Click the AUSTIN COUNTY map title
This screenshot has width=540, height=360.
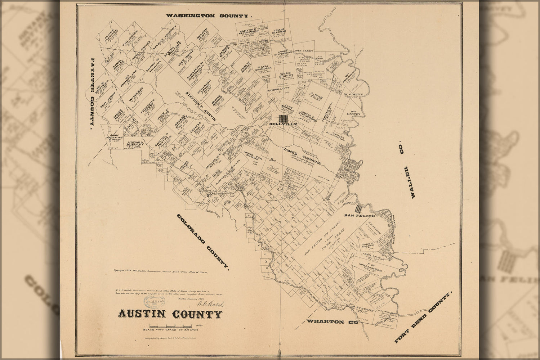coord(170,314)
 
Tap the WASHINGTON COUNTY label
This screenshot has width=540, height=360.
coord(208,16)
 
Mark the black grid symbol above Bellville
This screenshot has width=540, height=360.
coord(283,118)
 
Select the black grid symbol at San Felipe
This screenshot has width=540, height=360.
coord(358,208)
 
